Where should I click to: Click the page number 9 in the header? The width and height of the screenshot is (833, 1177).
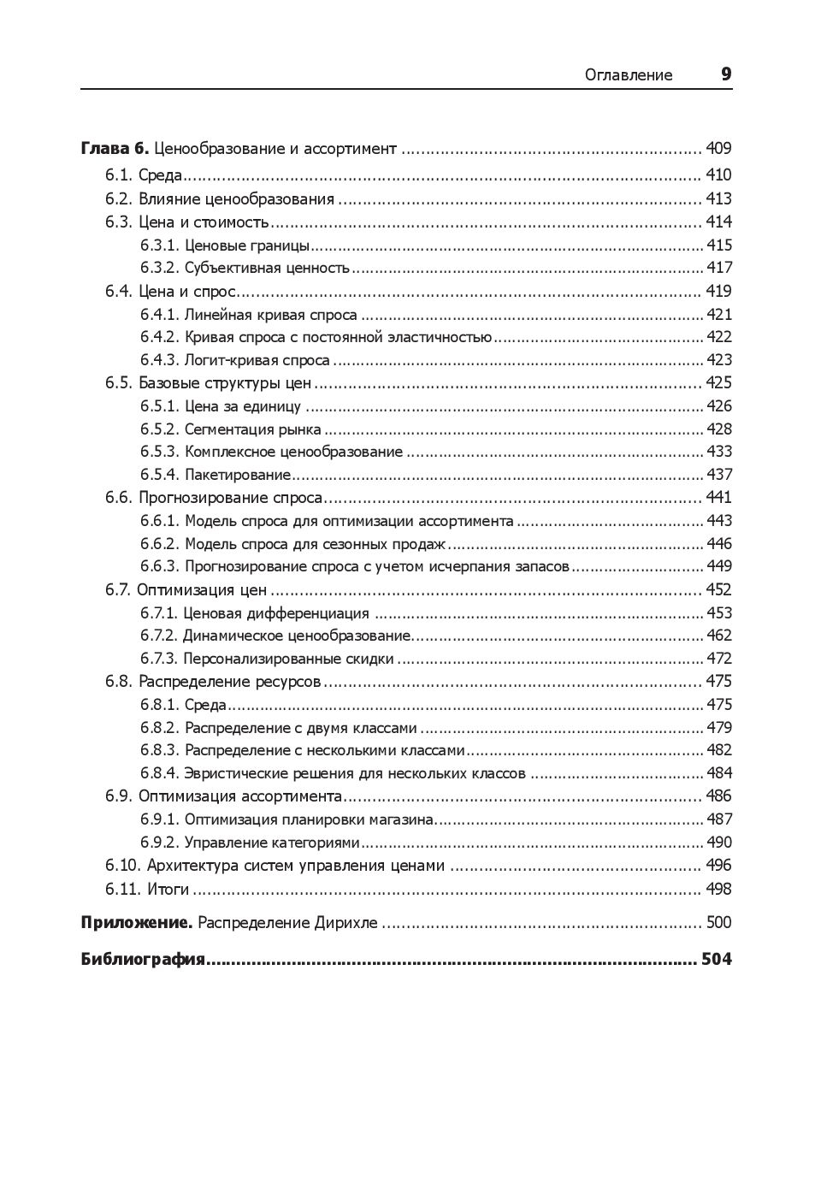coord(726,74)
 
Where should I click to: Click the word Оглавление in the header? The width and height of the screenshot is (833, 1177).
coord(629,75)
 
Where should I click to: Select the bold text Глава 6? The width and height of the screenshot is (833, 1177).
coord(115,149)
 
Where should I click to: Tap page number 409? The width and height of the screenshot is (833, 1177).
coord(718,149)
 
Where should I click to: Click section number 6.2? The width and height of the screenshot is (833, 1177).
coord(120,199)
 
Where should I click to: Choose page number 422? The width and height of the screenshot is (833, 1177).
coord(719,337)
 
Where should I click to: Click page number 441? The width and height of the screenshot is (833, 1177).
coord(718,498)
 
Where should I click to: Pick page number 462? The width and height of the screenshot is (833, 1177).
coord(719,636)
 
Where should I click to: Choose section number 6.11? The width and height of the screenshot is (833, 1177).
coord(123,890)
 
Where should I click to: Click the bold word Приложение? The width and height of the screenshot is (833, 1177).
coord(136,923)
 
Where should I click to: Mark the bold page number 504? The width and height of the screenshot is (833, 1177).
coord(717,960)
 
